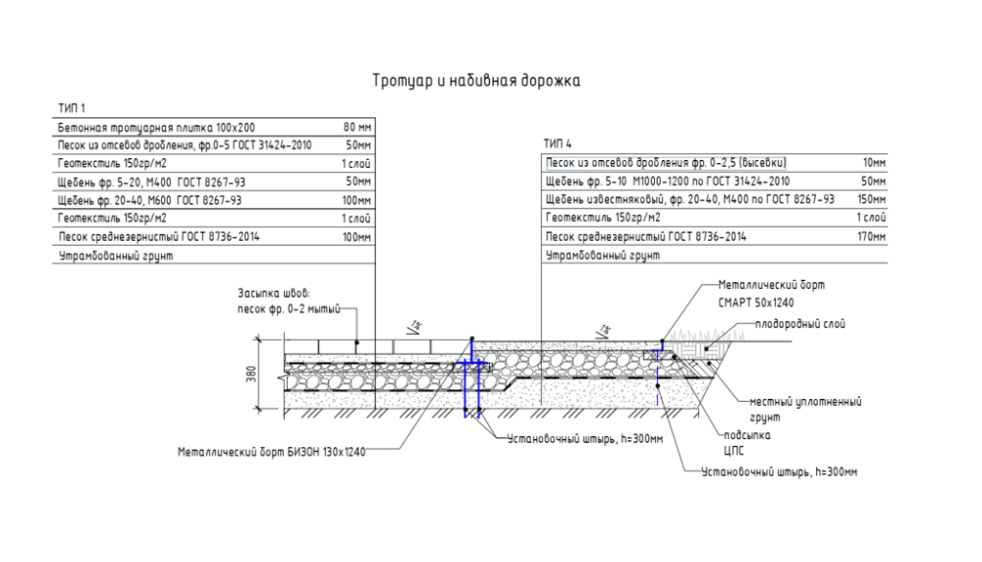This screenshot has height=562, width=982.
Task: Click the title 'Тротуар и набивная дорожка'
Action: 476,81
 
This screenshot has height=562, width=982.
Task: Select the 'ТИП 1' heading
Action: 71,108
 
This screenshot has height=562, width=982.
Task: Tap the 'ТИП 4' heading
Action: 558,144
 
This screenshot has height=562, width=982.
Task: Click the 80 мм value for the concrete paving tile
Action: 357,127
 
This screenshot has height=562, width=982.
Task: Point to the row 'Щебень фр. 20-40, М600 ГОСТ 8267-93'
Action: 149,200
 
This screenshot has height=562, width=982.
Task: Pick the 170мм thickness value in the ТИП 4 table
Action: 872,237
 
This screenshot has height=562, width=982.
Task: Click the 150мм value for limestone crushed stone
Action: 872,199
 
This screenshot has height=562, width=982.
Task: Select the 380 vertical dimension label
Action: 251,374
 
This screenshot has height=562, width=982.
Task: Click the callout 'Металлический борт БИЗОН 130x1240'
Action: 271,452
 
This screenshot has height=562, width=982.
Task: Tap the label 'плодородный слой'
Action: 799,324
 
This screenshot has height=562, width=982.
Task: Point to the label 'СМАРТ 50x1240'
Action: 756,304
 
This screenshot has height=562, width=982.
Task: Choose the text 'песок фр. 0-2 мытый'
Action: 289,309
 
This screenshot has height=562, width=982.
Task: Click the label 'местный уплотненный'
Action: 805,402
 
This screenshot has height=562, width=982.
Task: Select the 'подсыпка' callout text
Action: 747,435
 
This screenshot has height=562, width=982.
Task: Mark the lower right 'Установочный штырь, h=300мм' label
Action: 779,472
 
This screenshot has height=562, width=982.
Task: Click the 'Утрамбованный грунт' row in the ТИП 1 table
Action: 116,255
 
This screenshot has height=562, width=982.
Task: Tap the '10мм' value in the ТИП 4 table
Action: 874,163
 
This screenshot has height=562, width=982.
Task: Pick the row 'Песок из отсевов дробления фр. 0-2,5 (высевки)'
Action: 666,163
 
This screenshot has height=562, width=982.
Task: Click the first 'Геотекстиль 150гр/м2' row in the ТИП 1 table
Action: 112,163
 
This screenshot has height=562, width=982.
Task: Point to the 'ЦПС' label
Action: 734,451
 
